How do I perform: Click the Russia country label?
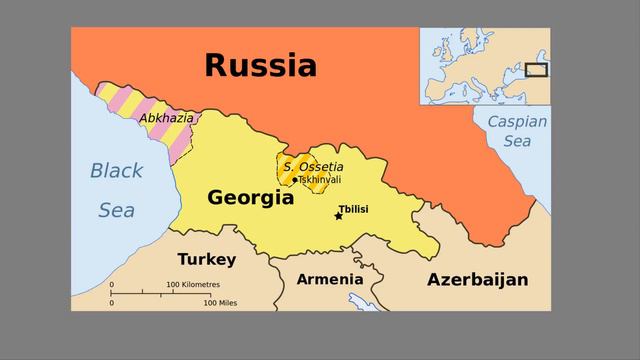(x=260, y=66)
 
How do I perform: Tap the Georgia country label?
(x=250, y=198)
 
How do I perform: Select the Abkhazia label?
(x=167, y=118)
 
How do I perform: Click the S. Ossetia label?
(x=313, y=166)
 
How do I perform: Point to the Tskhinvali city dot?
(x=295, y=180)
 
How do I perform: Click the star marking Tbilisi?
(x=338, y=215)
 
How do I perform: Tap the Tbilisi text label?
(x=354, y=208)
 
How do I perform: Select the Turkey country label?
(x=206, y=260)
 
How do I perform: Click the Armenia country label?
(x=329, y=279)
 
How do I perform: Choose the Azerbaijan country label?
(x=477, y=279)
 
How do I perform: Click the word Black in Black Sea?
(x=116, y=171)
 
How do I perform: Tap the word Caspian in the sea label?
(x=517, y=122)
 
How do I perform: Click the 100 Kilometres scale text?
(x=193, y=285)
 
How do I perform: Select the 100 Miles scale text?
(x=220, y=302)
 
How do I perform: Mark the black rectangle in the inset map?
(x=537, y=70)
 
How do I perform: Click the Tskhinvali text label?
(x=320, y=180)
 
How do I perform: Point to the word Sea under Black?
(x=116, y=211)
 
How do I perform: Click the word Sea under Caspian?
(x=517, y=142)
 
